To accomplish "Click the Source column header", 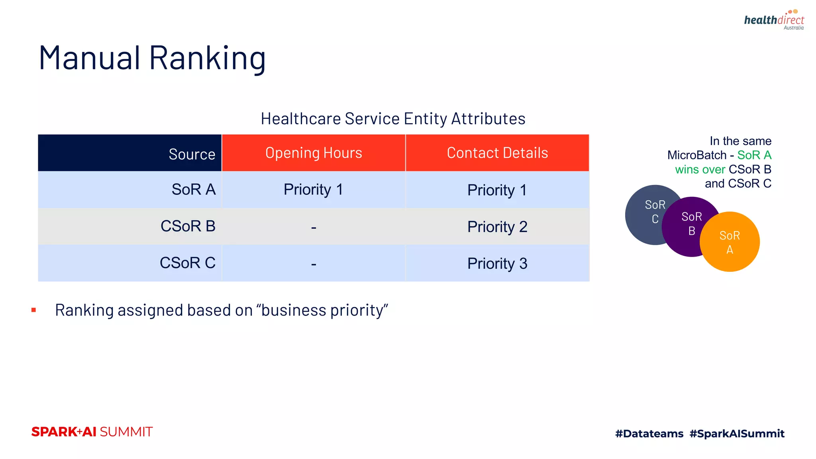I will click(x=192, y=154).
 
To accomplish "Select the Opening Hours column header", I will click(x=314, y=153).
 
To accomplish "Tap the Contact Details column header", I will click(x=497, y=153).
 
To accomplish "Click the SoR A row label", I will click(x=193, y=190).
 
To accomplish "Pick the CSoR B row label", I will click(x=188, y=226).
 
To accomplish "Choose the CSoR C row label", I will click(x=187, y=263).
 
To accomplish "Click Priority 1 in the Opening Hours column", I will click(x=313, y=190).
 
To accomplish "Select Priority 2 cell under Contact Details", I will click(x=497, y=227).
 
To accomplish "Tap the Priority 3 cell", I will click(x=497, y=263).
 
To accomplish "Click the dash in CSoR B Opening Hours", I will click(x=314, y=228).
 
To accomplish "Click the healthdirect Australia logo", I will click(x=774, y=20).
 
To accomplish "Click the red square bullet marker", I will click(x=34, y=310).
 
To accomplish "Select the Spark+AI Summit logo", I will click(x=92, y=432).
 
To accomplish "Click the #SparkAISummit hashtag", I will click(x=737, y=433).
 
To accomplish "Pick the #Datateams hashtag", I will click(x=649, y=433).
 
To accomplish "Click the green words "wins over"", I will click(x=700, y=169).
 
